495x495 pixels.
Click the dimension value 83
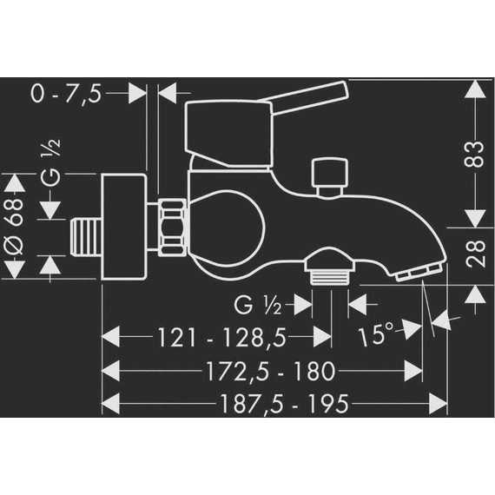click(x=476, y=157)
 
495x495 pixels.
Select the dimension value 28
click(x=476, y=254)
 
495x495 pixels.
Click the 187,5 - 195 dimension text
click(x=273, y=404)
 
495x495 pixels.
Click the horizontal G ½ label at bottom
click(x=258, y=305)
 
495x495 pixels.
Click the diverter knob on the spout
click(x=328, y=174)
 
